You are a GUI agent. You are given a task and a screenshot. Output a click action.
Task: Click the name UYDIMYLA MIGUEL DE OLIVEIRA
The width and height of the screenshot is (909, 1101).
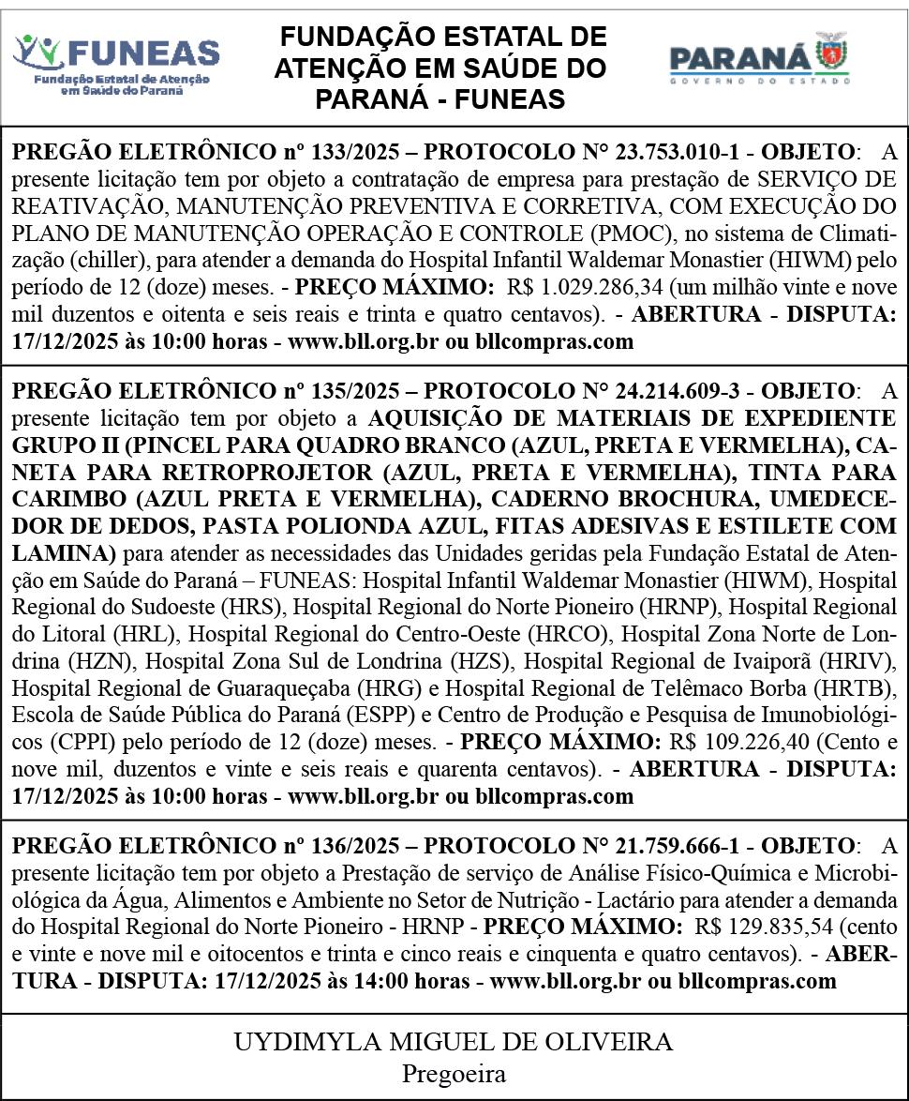pos(454,1041)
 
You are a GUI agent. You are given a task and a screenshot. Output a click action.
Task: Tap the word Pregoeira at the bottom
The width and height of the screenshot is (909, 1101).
pos(454,1073)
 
